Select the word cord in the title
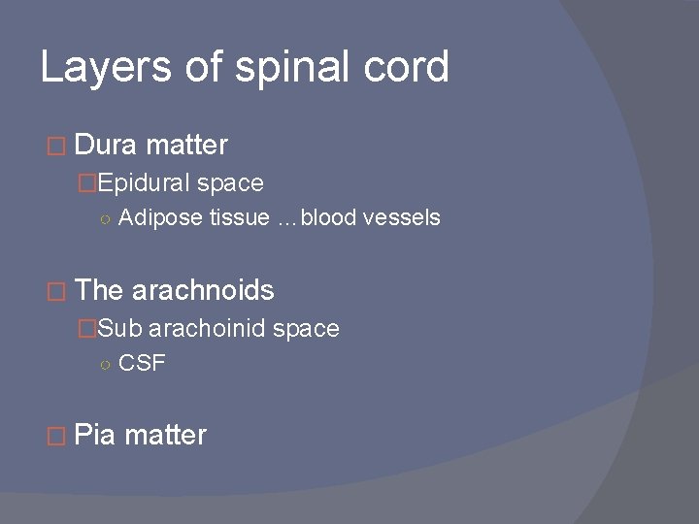coord(411,68)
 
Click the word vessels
coord(403,217)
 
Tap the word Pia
coord(95,436)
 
